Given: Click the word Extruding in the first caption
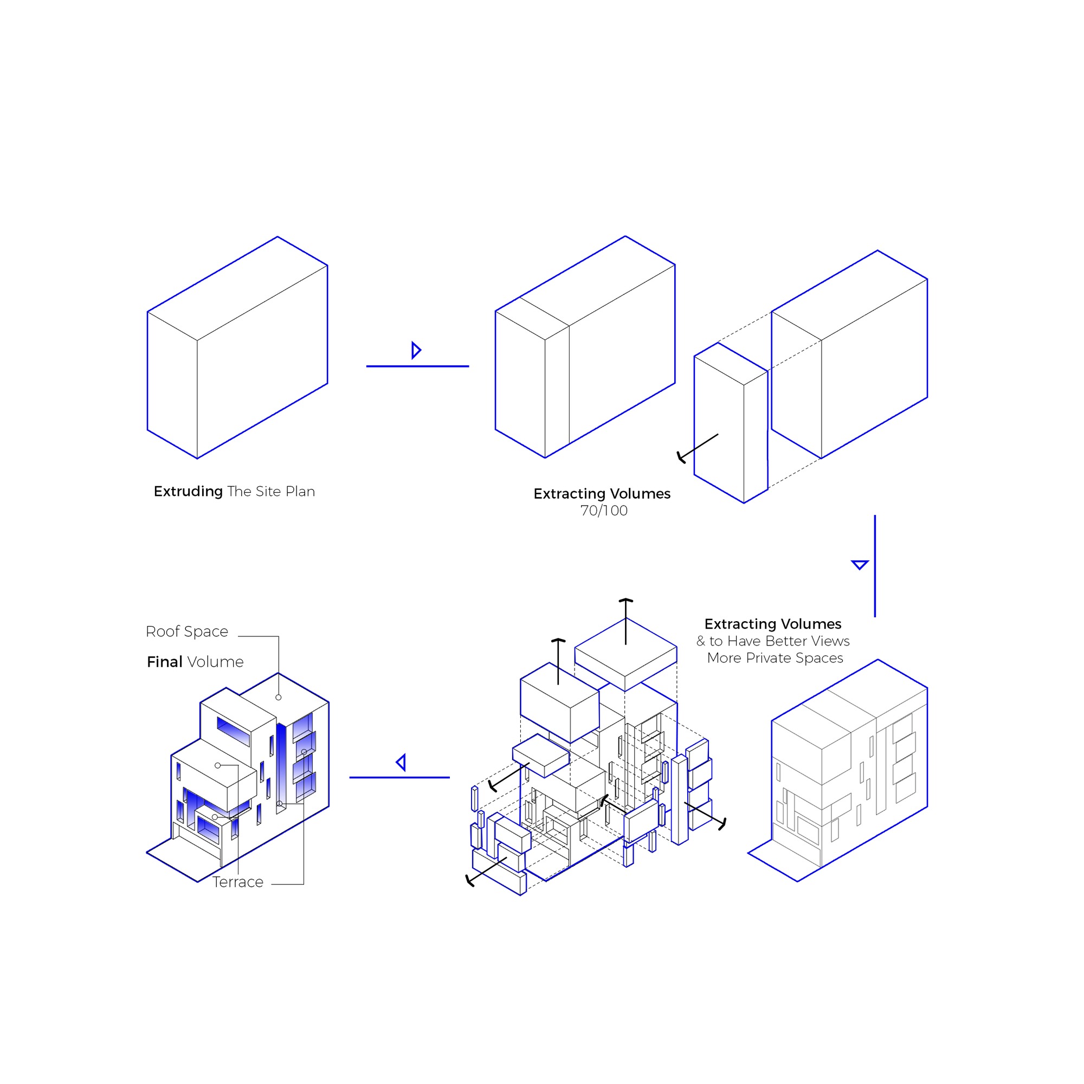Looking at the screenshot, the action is point(188,492).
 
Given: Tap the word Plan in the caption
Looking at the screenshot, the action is point(300,492).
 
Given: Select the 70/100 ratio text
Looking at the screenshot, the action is point(604,511).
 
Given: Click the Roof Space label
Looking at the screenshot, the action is point(187,633).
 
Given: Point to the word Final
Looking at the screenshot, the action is point(164,662).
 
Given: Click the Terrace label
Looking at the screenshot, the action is point(238,882).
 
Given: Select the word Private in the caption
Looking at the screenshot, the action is point(772,658).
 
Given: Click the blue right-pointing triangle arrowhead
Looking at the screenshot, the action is point(416,350).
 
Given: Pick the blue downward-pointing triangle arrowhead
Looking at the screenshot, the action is point(860,564).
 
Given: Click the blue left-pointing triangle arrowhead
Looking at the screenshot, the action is point(401,763).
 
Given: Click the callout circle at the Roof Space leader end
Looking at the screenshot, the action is point(278,698).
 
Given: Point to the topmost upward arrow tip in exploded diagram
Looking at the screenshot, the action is point(625,600).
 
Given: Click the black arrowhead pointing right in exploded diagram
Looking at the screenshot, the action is point(722,824).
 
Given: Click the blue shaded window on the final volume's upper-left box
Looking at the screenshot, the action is point(234,731).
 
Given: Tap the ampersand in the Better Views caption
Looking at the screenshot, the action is point(701,641).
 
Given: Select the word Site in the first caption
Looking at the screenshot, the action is point(268,492).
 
